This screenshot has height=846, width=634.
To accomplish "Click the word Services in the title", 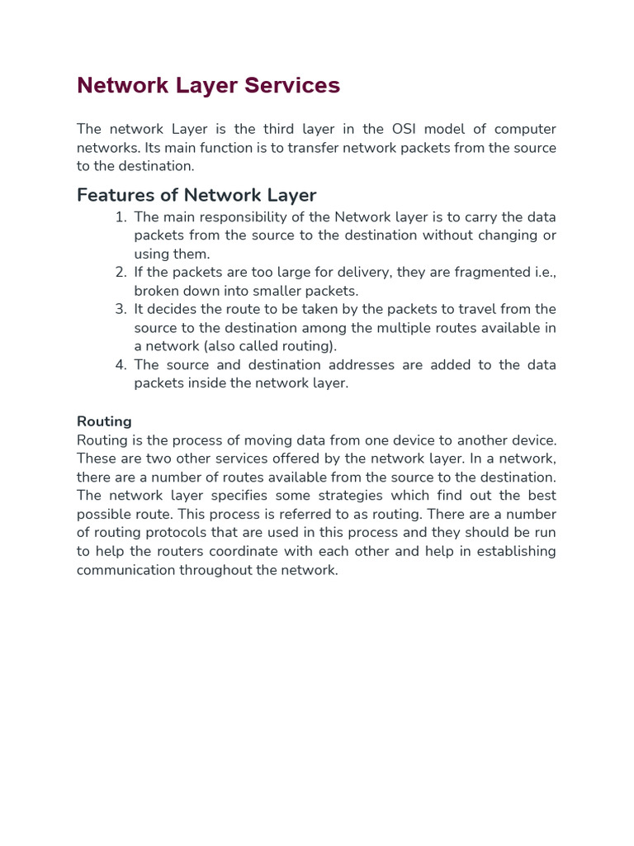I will point(288,86).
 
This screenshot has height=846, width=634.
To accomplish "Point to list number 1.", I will point(121,217).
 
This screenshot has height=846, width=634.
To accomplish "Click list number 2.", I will point(121,273).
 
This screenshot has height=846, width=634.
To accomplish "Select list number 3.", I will point(121,309).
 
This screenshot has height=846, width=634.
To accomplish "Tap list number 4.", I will point(121,365).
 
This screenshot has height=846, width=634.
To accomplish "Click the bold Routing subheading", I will point(104,421).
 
